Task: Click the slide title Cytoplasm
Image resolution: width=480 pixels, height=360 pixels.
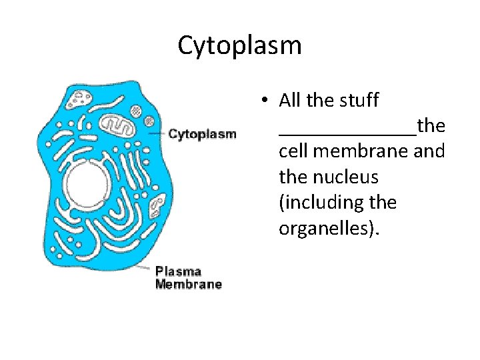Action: [239, 45]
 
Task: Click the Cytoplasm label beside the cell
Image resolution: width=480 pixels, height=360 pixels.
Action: [202, 134]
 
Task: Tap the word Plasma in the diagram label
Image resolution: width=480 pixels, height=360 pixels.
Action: [178, 271]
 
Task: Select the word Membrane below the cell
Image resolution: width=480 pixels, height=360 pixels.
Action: [188, 285]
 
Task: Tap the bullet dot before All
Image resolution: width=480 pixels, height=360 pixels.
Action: [265, 101]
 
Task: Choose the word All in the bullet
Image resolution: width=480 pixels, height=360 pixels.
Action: [291, 101]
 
